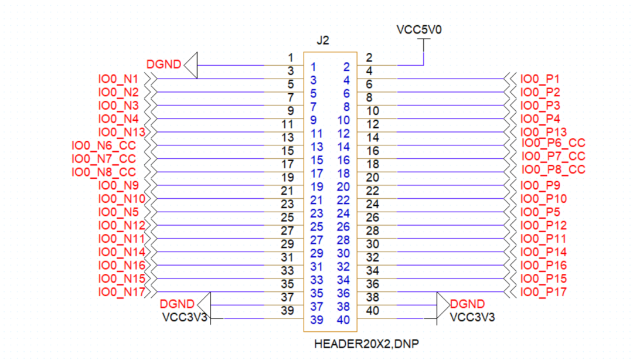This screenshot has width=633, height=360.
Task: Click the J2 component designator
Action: tap(322, 40)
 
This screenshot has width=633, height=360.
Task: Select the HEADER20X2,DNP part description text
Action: tap(367, 344)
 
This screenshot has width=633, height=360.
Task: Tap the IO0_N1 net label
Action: tap(118, 79)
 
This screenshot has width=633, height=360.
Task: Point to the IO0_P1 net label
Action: tap(540, 79)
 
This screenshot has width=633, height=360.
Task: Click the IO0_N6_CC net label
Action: tap(104, 145)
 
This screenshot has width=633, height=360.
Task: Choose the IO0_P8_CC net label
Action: tap(553, 169)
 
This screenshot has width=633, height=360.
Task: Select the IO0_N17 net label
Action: tap(121, 291)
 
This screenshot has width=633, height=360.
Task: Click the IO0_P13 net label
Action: tap(543, 132)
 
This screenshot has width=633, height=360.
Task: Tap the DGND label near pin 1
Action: tap(164, 64)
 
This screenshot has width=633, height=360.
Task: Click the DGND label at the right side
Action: tap(467, 304)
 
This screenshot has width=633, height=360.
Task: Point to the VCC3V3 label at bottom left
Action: tap(185, 317)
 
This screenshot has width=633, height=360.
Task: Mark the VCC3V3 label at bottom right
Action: tap(472, 317)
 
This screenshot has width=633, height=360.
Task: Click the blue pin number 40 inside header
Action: tap(343, 320)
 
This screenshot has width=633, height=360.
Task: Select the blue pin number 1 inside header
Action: tap(314, 67)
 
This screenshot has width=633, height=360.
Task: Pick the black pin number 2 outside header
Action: tap(369, 57)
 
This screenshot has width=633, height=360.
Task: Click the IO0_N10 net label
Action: tap(121, 199)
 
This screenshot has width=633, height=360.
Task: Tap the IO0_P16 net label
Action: tap(543, 265)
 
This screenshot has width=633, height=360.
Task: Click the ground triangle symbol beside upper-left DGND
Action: tap(191, 64)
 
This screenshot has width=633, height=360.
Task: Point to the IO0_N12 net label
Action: tap(121, 225)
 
